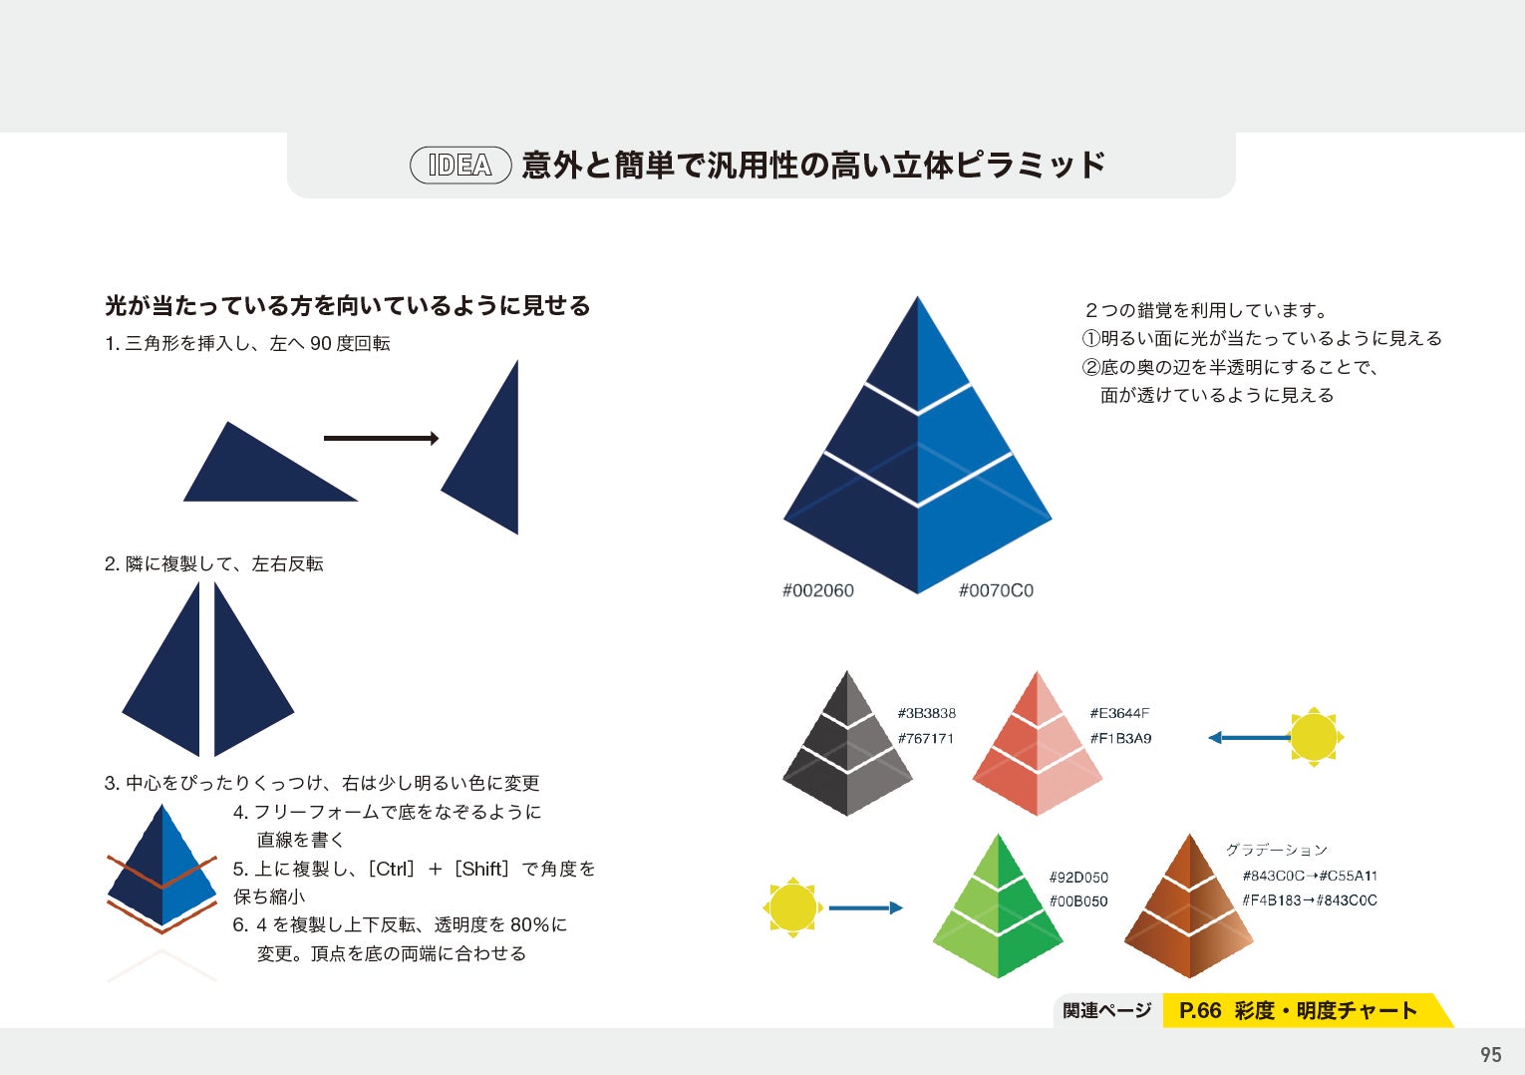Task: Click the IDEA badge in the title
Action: pyautogui.click(x=460, y=166)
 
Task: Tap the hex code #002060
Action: pyautogui.click(x=817, y=590)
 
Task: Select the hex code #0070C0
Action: pyautogui.click(x=996, y=590)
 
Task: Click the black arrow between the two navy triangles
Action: pyautogui.click(x=381, y=438)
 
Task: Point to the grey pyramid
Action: pyautogui.click(x=847, y=748)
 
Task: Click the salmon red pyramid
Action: pyautogui.click(x=1038, y=748)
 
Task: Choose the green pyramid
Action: pyautogui.click(x=998, y=910)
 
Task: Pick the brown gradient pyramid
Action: pyautogui.click(x=1189, y=910)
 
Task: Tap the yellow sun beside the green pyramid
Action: pyautogui.click(x=792, y=907)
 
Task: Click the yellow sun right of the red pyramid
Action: pyautogui.click(x=1314, y=738)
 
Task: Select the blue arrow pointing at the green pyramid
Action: pyautogui.click(x=864, y=907)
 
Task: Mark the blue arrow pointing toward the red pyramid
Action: pyautogui.click(x=1248, y=738)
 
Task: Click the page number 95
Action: pyautogui.click(x=1490, y=1054)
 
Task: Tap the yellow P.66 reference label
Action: pyautogui.click(x=1298, y=1011)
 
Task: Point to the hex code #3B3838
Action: pyautogui.click(x=926, y=713)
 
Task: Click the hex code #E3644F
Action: pyautogui.click(x=1119, y=713)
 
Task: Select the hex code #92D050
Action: pyautogui.click(x=1078, y=878)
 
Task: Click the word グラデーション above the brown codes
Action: pyautogui.click(x=1277, y=850)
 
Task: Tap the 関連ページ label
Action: pyautogui.click(x=1106, y=1011)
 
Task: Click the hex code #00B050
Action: pyautogui.click(x=1078, y=901)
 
